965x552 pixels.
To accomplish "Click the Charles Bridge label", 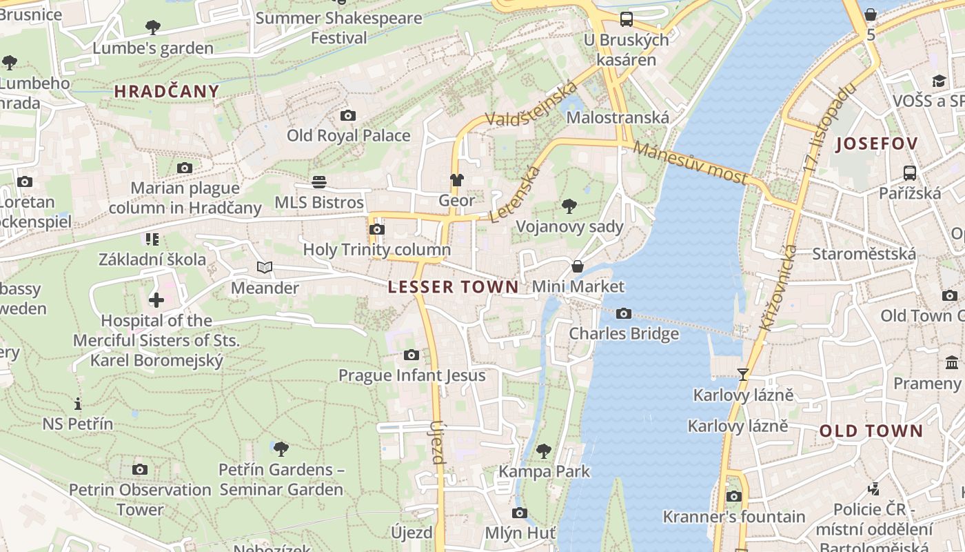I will [x=624, y=334].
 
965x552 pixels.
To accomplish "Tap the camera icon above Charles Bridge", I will [x=624, y=314].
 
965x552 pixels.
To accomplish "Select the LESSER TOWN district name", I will [x=454, y=287].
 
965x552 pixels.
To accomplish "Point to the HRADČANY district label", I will [x=167, y=91].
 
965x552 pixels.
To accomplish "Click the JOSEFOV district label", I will [x=877, y=144].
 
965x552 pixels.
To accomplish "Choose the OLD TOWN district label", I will [x=871, y=431].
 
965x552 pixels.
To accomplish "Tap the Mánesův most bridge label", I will [x=690, y=163].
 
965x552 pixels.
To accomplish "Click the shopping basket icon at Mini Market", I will [x=578, y=266].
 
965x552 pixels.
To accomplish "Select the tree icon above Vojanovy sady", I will [x=569, y=206].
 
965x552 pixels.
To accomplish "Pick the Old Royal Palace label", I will [x=349, y=135].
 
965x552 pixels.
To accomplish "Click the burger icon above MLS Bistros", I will [x=319, y=182].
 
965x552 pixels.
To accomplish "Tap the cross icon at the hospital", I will [x=156, y=300].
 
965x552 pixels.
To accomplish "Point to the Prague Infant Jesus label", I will [x=412, y=375].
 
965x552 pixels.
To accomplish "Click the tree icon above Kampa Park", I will [x=544, y=451].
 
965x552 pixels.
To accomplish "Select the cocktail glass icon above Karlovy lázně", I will [x=743, y=375].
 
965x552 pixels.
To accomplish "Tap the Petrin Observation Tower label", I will [x=140, y=500].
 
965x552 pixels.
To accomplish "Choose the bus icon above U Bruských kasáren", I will [x=626, y=19].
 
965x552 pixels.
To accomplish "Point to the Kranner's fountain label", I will [x=734, y=517].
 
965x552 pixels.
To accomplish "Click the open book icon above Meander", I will [x=265, y=267].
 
